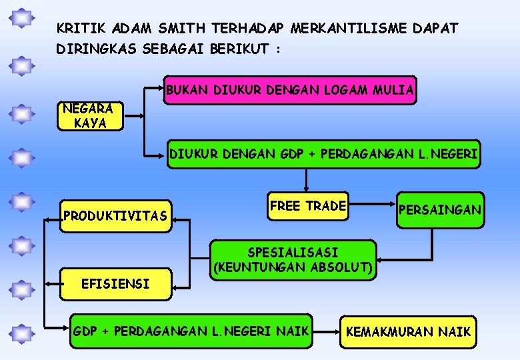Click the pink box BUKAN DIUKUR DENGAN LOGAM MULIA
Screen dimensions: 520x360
pyautogui.click(x=291, y=90)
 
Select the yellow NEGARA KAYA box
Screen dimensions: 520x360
pyautogui.click(x=90, y=115)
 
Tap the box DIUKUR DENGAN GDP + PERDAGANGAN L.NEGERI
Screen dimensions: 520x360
pyautogui.click(x=323, y=155)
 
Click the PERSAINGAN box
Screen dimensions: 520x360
pyautogui.click(x=439, y=210)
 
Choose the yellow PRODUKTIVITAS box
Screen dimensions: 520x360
pyautogui.click(x=115, y=215)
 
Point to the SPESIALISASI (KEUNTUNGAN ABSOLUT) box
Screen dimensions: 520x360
pyautogui.click(x=293, y=260)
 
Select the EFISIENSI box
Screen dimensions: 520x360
pyautogui.click(x=115, y=284)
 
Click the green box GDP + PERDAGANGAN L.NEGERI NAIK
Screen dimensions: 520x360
pyautogui.click(x=191, y=331)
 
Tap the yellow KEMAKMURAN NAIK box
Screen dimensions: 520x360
pyautogui.click(x=408, y=331)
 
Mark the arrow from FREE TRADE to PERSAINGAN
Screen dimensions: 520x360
pyautogui.click(x=373, y=206)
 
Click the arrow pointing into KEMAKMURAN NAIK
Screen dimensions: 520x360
pyautogui.click(x=327, y=331)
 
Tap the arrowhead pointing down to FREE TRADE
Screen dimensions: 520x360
pyautogui.click(x=306, y=188)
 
